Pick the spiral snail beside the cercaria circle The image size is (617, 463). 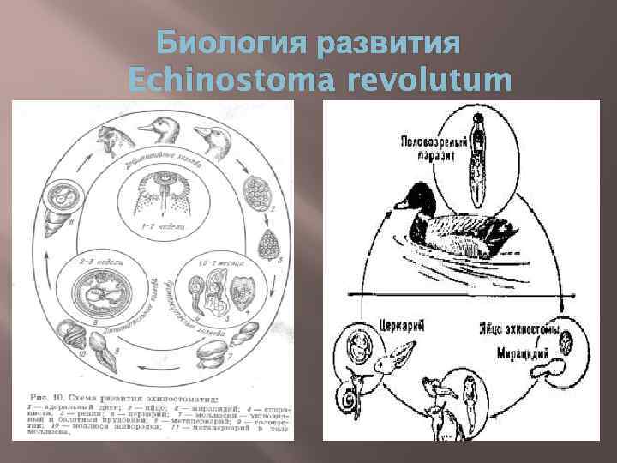click(x=349, y=395)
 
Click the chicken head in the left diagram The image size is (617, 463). click(x=111, y=135)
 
